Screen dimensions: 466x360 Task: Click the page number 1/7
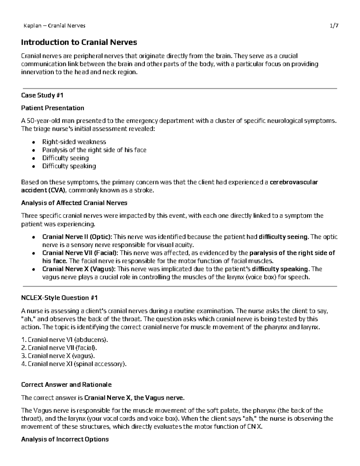point(334,26)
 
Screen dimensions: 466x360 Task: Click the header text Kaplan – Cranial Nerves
point(54,26)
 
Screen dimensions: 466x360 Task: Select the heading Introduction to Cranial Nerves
point(79,42)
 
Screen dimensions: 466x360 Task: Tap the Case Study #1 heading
point(42,95)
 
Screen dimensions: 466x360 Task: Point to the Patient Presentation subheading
point(52,108)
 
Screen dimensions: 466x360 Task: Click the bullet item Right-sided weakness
point(74,142)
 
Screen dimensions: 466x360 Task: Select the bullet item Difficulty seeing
point(65,158)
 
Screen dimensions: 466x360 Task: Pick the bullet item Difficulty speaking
point(69,166)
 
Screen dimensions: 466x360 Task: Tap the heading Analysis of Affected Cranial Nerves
point(74,203)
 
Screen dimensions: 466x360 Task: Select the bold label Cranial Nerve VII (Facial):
point(80,253)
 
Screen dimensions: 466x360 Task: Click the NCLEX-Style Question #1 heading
point(59,298)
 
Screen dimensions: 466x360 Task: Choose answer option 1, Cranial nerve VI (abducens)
point(64,340)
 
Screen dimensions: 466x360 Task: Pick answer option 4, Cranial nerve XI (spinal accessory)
point(74,364)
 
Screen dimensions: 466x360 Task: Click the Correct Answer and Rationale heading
point(66,385)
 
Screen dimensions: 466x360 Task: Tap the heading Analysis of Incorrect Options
point(65,440)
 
